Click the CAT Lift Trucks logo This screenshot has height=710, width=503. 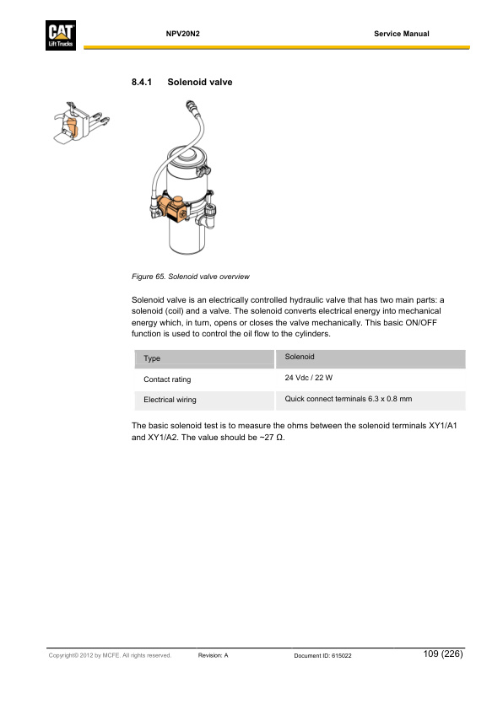tap(64, 36)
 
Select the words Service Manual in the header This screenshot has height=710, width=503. tap(401, 34)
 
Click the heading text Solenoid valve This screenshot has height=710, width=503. tap(199, 83)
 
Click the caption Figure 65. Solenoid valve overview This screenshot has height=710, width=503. tap(190, 277)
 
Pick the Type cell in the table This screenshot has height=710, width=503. tap(152, 359)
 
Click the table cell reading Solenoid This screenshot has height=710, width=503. tap(300, 358)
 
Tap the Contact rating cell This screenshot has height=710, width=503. tap(167, 379)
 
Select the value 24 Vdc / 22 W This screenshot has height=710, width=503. tap(310, 378)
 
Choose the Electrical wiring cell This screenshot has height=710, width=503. tap(170, 400)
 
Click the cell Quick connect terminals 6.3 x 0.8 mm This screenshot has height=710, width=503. tap(349, 398)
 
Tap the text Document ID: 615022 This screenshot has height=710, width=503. tap(322, 655)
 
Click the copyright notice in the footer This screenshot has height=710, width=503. tap(110, 655)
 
